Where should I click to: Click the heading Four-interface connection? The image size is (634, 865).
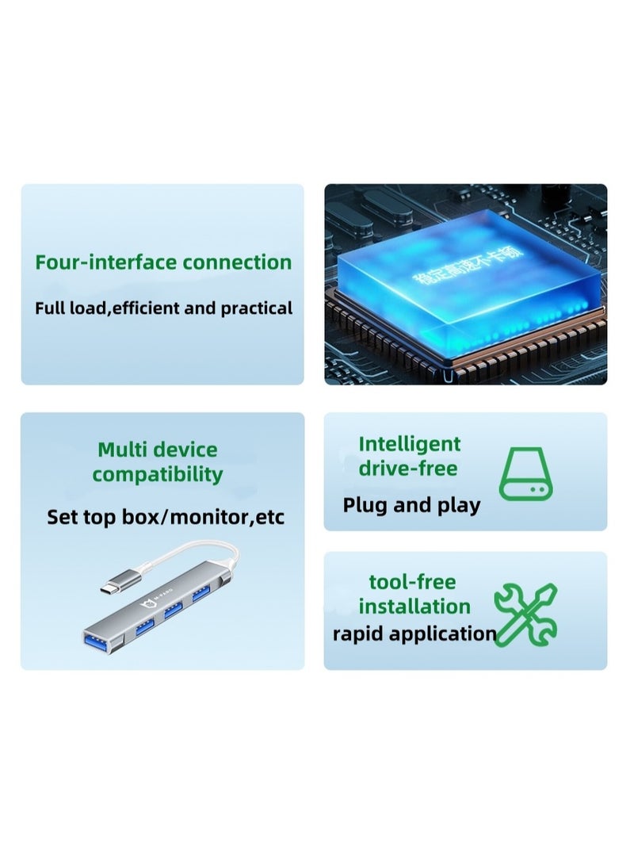point(163,262)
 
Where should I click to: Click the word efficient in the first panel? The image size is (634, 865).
point(146,308)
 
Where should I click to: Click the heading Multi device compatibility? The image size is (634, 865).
point(157,462)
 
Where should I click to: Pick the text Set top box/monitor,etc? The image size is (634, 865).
point(165,518)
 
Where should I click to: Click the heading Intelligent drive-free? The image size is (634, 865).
point(409,456)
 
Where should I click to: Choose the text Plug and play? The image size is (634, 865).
point(411,505)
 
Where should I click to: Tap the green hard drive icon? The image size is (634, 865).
point(525,473)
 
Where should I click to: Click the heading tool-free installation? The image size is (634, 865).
point(414,594)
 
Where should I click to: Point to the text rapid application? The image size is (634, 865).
point(414,633)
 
